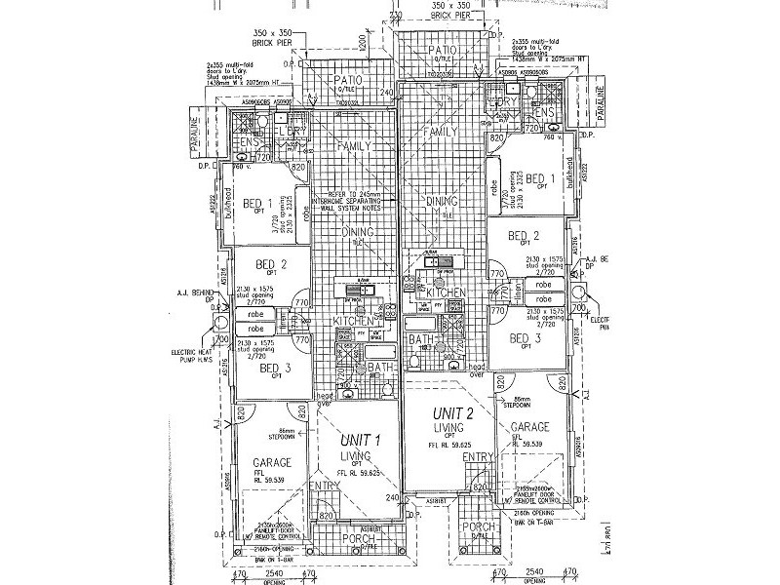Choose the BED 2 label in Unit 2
(x=523, y=236)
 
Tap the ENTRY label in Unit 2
(x=477, y=457)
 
